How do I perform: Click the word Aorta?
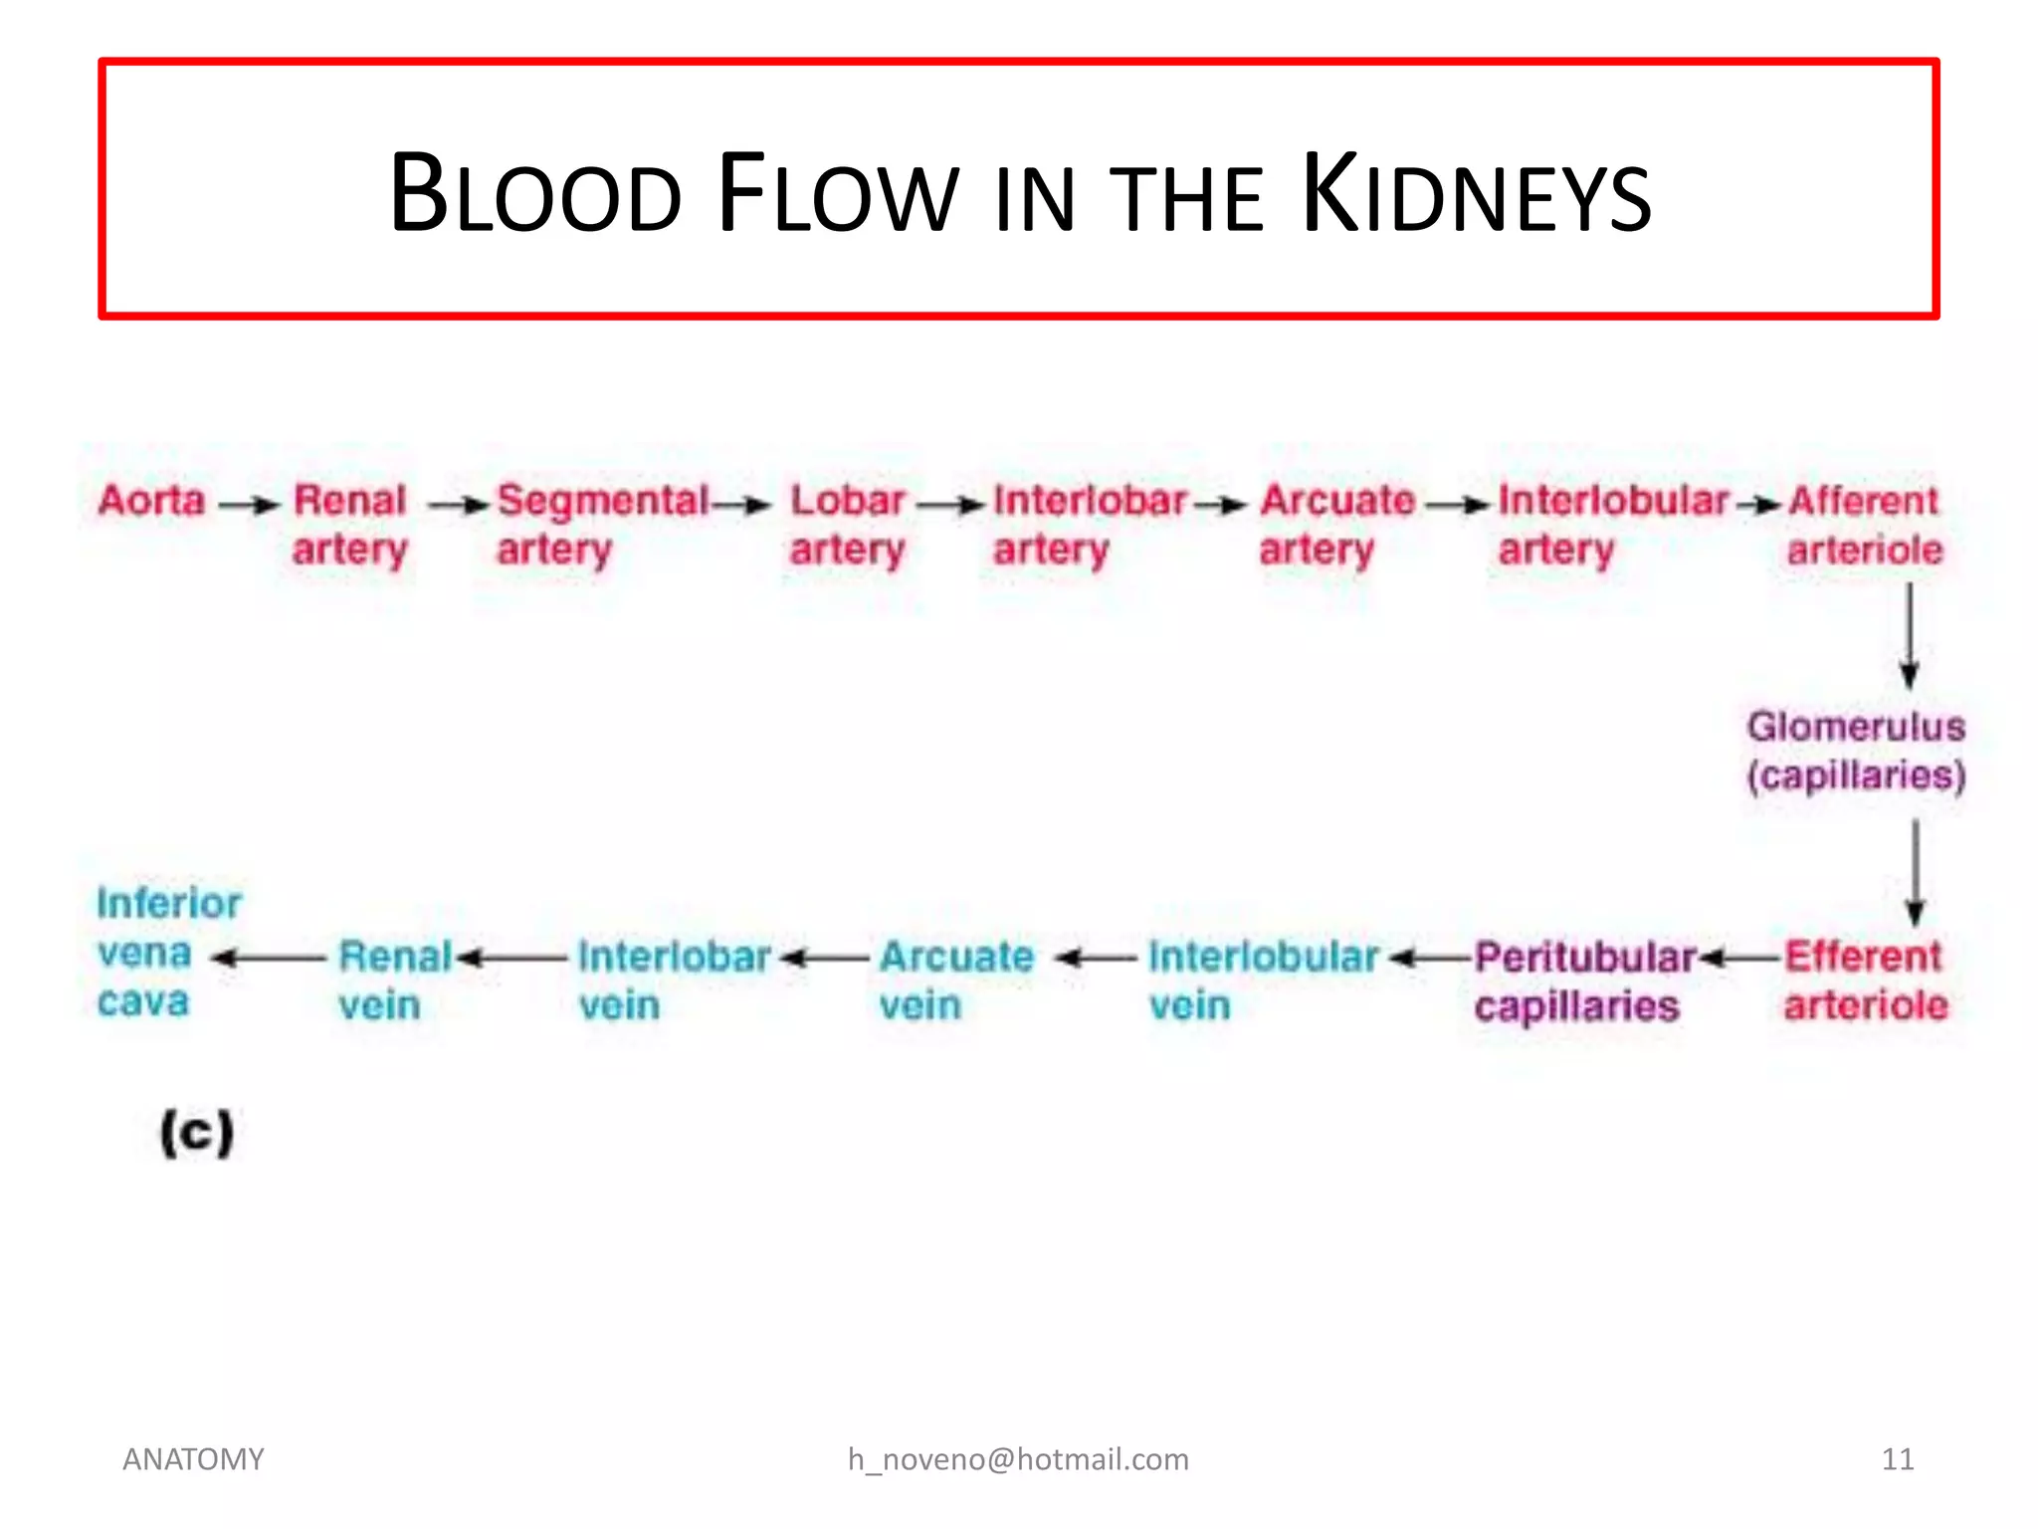tap(151, 501)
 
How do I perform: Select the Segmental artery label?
tap(603, 525)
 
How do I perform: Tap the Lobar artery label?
tap(848, 525)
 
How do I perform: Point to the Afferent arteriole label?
tap(1864, 525)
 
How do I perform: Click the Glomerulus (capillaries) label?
tap(1856, 751)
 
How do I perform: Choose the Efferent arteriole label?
tap(1865, 981)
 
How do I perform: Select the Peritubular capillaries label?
tap(1584, 982)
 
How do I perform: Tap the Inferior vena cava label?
tap(167, 953)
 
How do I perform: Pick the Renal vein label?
tap(394, 981)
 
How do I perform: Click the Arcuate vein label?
tap(956, 981)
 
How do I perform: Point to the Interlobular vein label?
tap(1263, 981)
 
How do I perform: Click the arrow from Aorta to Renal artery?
tap(249, 506)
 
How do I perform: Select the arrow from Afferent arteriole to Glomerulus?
tap(1909, 636)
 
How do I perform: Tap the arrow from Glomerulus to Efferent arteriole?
tap(1915, 873)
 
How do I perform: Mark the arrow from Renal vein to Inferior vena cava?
tap(270, 959)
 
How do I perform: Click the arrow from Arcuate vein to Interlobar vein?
tap(825, 959)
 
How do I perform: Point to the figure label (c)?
tap(197, 1133)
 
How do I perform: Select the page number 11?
tap(1898, 1459)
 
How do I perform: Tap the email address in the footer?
tap(1018, 1459)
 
